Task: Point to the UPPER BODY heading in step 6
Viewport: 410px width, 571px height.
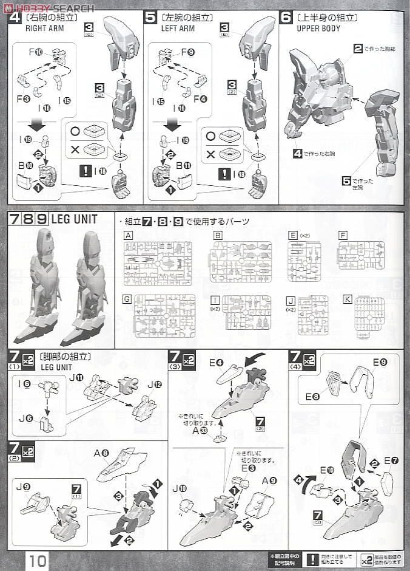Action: click(318, 29)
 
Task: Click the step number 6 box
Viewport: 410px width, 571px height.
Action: click(286, 18)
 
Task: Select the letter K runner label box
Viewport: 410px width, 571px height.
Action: click(347, 299)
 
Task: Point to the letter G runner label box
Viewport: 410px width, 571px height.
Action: click(127, 299)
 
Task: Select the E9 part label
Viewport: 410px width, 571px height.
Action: click(380, 363)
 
